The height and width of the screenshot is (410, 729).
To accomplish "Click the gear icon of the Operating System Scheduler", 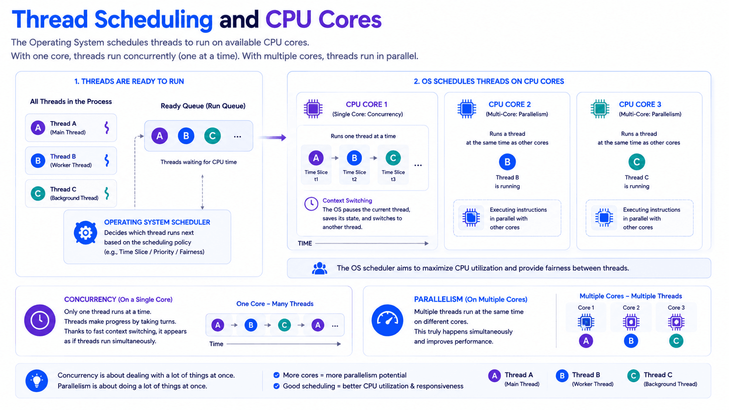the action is pos(85,233).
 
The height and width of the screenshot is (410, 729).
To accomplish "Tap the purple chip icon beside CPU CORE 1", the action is pos(313,108).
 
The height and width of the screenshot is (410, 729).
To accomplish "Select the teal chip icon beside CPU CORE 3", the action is pos(600,108).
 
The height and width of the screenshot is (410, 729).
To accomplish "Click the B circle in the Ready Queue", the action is pos(186,136).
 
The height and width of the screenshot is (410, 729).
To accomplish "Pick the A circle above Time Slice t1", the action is pos(316,158).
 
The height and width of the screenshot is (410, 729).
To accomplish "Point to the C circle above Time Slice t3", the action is pos(393,158).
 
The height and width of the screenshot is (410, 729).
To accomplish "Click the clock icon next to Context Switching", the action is pos(311,204).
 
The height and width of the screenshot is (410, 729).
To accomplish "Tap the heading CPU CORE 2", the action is pos(510,105).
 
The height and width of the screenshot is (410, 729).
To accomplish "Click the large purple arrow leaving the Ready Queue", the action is pos(273,138).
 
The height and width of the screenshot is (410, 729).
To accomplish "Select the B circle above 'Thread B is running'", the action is pos(508,162).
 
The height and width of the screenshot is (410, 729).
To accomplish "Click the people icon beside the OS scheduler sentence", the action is pos(320,268).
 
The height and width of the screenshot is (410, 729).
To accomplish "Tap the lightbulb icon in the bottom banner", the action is pos(37,380).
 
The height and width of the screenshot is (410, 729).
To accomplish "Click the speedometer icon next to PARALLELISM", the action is pos(387,320).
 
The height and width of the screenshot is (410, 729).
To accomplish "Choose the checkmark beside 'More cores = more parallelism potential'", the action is pos(276,375).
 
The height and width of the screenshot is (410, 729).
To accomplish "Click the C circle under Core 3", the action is pos(676,341).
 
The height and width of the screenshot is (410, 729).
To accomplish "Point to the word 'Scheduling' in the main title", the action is pos(153,20).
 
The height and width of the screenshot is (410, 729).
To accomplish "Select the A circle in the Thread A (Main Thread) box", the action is pos(38,128).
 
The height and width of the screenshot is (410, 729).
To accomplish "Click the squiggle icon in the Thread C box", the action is pos(107,193).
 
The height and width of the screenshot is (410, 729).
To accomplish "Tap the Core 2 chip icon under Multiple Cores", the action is pos(631,322).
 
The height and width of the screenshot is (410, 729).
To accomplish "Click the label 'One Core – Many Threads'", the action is pos(275,304).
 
